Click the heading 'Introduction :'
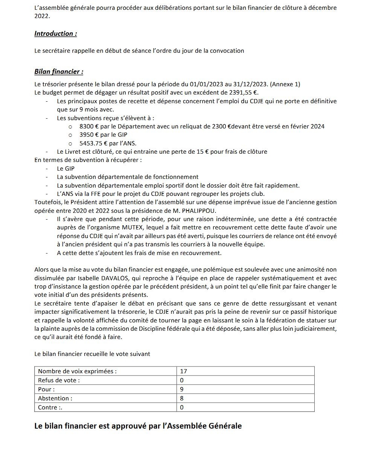pos(56,34)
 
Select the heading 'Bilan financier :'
pos(59,72)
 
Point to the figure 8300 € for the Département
pos(90,126)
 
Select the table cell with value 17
pos(184,371)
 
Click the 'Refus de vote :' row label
pos(59,380)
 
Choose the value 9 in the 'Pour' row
pos(182,389)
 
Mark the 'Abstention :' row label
pos(55,398)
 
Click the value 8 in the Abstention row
pos(182,398)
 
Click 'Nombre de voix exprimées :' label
pos(77,371)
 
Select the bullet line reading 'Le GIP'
pos(66,168)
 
